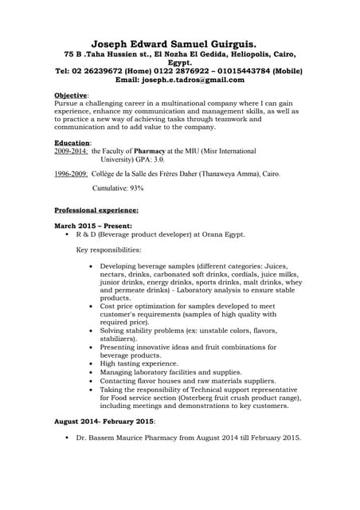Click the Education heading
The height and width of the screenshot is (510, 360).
click(72, 142)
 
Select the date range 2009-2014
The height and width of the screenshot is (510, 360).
click(71, 150)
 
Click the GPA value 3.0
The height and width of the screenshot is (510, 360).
click(158, 159)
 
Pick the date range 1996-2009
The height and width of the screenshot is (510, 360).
click(71, 173)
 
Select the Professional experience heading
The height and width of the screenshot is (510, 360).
click(96, 210)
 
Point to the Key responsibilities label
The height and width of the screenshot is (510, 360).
click(108, 250)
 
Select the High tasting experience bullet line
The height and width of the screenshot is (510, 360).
click(139, 363)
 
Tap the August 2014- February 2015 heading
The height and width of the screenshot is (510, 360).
click(104, 421)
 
